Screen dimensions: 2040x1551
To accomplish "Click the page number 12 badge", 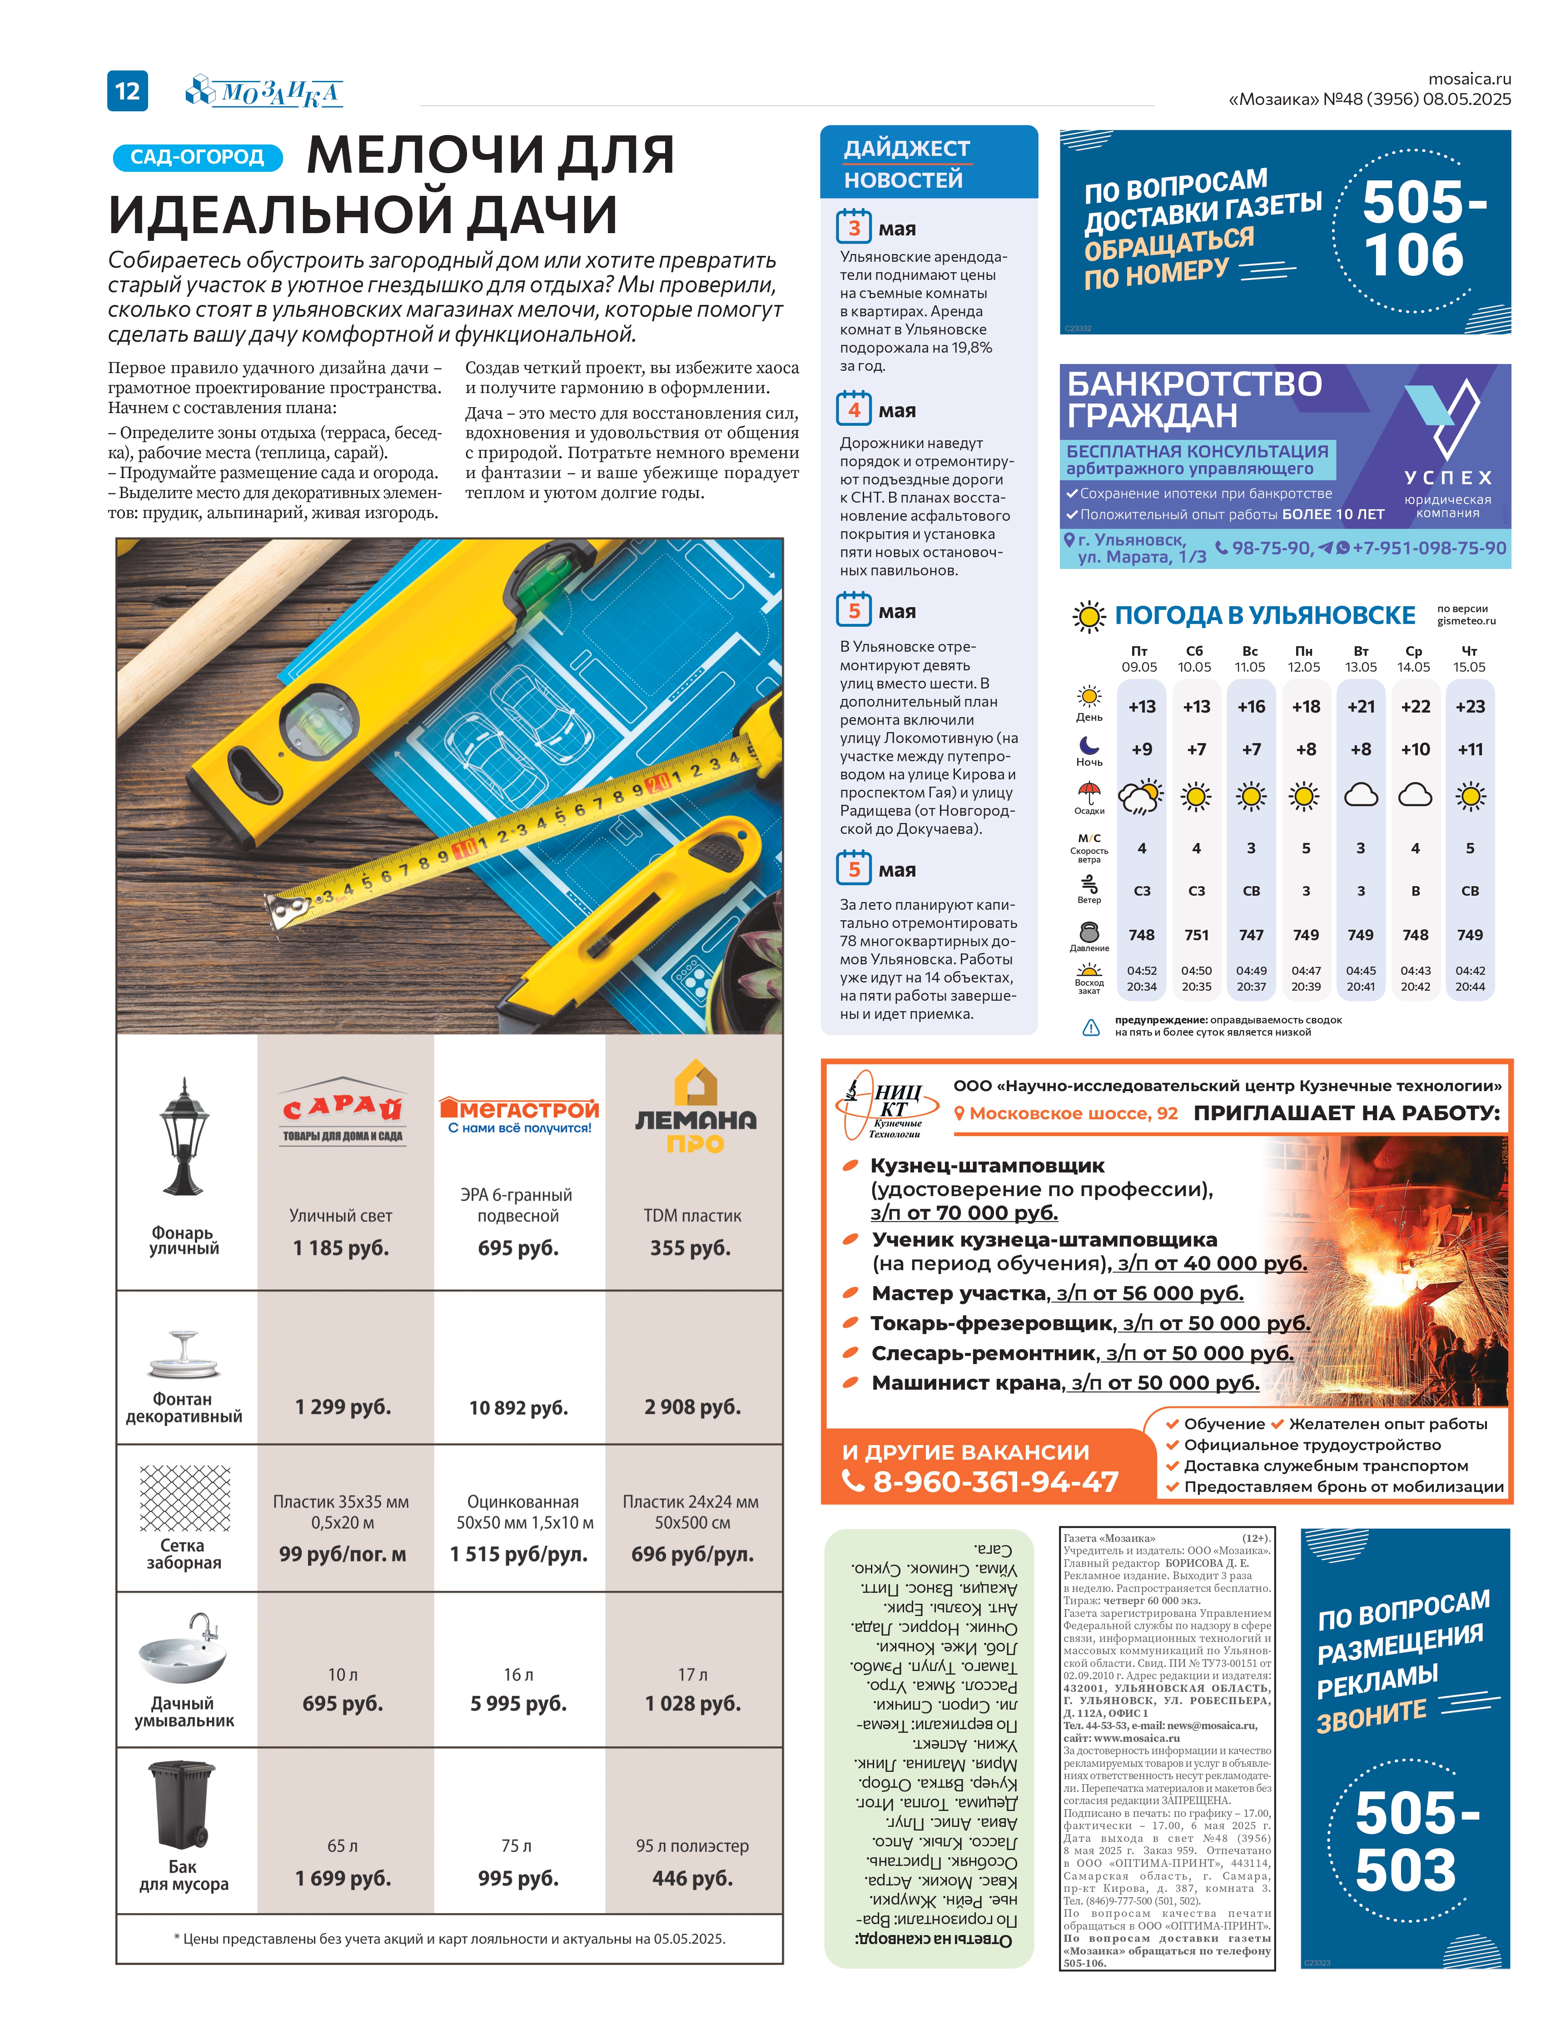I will (127, 90).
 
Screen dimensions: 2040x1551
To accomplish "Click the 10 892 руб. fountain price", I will (518, 1407).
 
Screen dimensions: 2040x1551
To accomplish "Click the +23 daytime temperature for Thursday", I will (1470, 707).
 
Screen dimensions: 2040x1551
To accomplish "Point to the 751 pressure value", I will (1197, 935).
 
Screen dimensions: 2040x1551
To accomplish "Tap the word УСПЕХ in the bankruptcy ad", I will (1447, 478).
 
